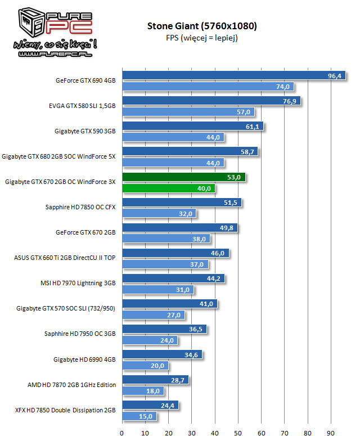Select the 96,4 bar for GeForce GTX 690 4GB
click(225, 76)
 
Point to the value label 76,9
click(291, 101)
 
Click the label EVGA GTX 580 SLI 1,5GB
click(82, 106)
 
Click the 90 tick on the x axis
click(330, 433)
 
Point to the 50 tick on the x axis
click(238, 433)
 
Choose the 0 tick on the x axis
click(122, 433)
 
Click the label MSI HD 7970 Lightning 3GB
click(78, 284)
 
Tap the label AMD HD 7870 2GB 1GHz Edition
click(72, 385)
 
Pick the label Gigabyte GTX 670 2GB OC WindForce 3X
click(60, 182)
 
